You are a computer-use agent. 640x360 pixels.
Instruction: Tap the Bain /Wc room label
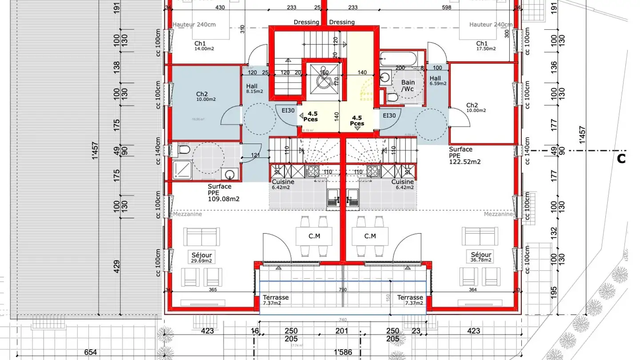coord(408,85)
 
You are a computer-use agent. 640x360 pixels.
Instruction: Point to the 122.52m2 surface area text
coord(464,162)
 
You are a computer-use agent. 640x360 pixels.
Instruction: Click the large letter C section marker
coord(621,158)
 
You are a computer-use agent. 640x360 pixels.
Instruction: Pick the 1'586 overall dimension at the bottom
coord(343,352)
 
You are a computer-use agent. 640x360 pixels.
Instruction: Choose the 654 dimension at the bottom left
coord(90,352)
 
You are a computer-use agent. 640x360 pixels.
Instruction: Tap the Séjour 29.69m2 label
coord(201,258)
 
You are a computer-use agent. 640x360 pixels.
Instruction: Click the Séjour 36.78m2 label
coord(481,257)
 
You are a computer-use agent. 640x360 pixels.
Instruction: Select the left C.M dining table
coord(314,236)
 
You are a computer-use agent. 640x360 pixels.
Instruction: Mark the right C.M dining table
coord(370,236)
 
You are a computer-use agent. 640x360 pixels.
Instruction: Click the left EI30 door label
coord(288,111)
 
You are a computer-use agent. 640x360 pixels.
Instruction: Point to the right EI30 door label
coord(389,116)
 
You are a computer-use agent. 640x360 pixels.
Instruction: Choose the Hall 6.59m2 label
coord(437,80)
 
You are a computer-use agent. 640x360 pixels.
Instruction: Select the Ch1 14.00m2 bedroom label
coord(204,46)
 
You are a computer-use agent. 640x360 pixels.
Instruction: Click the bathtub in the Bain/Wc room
coord(399,58)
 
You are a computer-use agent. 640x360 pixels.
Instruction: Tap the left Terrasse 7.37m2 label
coord(276,300)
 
